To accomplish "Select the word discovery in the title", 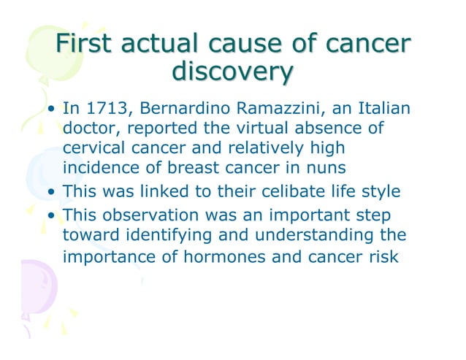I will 232,74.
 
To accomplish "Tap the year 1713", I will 107,110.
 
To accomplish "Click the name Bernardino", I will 179,110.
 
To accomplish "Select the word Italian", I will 380,110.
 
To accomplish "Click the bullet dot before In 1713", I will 53,112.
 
